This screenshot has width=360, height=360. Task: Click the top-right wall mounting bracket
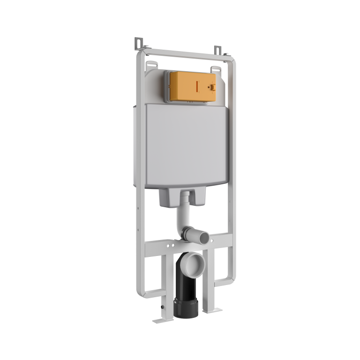(x=217, y=50)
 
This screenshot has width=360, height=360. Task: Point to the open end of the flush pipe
(x=204, y=239)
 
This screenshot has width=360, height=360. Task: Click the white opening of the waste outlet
(x=194, y=265)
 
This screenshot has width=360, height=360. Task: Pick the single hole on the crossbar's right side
(x=218, y=239)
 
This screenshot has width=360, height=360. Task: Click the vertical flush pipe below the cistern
(x=183, y=213)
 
